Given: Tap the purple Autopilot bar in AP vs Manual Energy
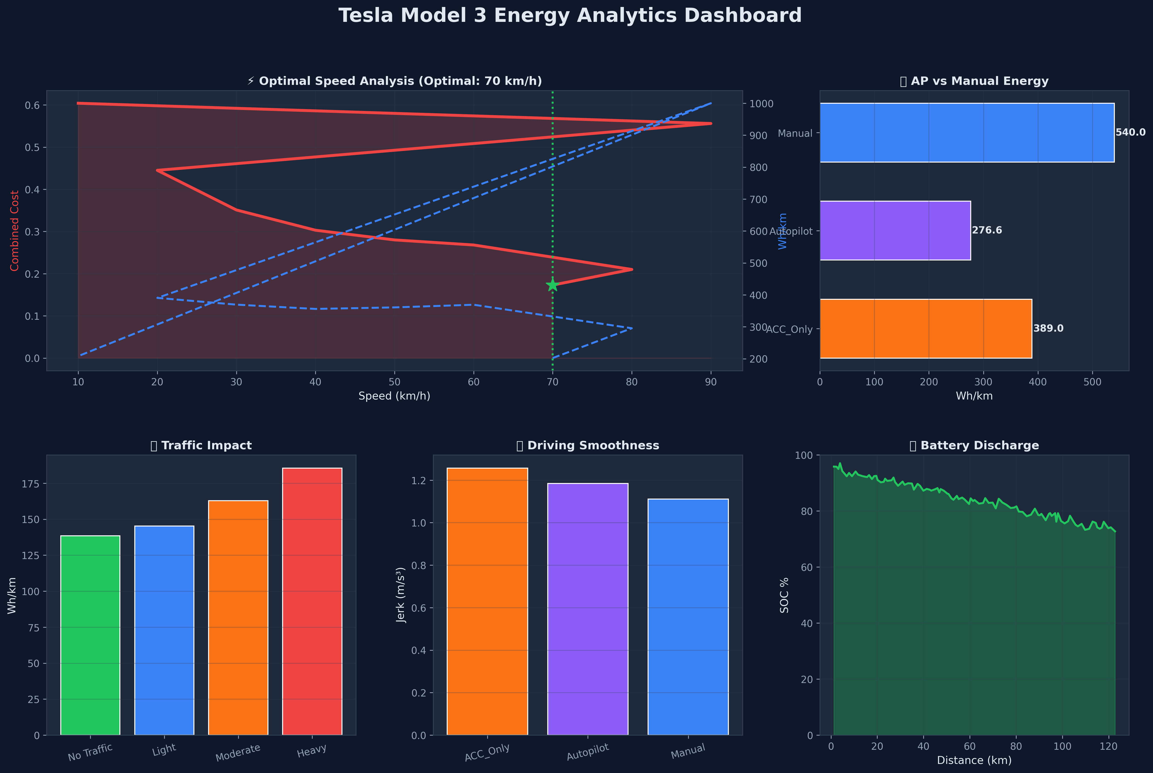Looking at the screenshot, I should pos(895,230).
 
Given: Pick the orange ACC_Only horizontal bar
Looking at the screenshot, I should pos(926,328).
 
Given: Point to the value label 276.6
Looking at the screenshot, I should pos(987,230).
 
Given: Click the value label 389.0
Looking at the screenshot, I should pos(1048,328).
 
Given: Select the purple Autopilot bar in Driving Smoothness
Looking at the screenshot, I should pos(588,609).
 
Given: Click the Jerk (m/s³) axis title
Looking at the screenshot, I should pos(401,595).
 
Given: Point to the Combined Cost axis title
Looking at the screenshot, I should pos(15,231).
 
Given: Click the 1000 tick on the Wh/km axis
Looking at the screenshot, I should pos(761,103).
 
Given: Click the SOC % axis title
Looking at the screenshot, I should pos(784,595).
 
